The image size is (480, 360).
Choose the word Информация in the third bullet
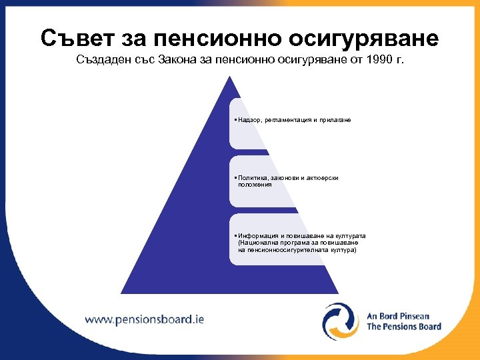point(257,236)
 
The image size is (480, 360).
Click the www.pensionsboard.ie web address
point(144,319)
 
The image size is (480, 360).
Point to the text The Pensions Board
point(403,327)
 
